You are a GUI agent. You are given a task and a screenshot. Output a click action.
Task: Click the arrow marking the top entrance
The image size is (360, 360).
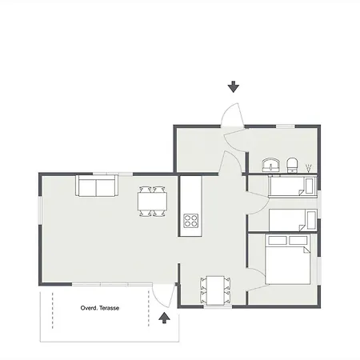(x=234, y=86)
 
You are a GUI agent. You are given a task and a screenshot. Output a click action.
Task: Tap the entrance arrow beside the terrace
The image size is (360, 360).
(x=165, y=318)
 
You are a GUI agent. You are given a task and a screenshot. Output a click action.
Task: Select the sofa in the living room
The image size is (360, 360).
(x=96, y=186)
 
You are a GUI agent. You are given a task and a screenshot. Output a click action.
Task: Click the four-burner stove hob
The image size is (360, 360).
(x=190, y=220)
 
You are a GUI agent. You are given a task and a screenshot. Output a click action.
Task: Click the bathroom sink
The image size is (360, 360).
(x=272, y=165)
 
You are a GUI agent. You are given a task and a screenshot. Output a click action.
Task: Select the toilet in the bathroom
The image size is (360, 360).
(x=293, y=166)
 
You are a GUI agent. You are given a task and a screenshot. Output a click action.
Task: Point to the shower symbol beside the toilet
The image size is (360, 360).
(x=310, y=166)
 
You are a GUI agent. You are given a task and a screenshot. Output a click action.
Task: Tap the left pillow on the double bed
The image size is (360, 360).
(x=277, y=239)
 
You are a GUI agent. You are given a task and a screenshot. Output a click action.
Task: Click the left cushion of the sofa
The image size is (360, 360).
(x=87, y=187)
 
